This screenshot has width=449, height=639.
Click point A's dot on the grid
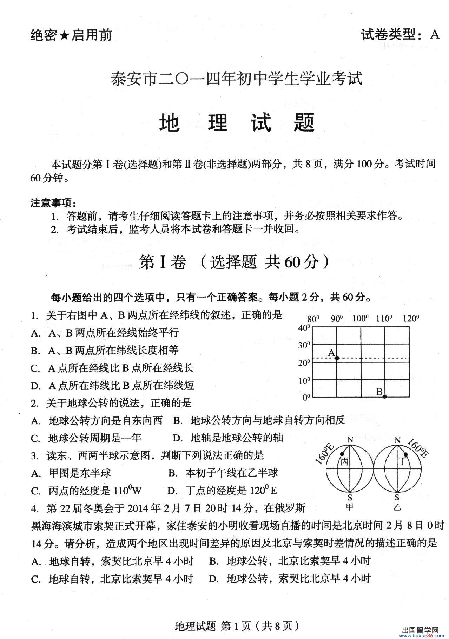(337, 358)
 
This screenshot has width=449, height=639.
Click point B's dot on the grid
(385, 397)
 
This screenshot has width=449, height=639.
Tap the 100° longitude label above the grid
(360, 319)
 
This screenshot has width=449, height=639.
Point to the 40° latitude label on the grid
(304, 328)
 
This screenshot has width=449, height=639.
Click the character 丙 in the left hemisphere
(344, 462)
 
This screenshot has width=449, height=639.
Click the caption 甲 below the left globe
(350, 507)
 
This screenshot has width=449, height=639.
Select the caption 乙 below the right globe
(397, 507)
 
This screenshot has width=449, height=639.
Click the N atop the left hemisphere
(350, 440)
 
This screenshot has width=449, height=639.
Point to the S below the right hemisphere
(397, 497)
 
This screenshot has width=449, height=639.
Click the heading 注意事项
(53, 203)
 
